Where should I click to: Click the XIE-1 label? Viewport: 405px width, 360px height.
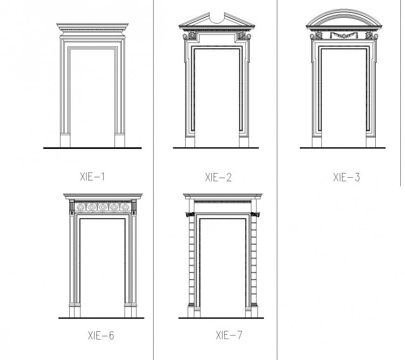click(93, 177)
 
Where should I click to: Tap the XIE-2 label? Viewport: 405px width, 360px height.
click(218, 177)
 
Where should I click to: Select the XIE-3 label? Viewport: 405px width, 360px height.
click(346, 177)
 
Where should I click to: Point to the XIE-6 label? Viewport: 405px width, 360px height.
click(101, 335)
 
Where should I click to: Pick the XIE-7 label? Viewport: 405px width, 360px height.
click(229, 335)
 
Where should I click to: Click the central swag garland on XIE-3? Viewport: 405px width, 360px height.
click(342, 35)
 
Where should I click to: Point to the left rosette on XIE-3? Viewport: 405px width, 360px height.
click(319, 35)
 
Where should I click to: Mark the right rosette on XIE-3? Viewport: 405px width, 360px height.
click(369, 35)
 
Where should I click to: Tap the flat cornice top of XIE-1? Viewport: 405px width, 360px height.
click(92, 25)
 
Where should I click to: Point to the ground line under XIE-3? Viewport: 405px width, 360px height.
click(342, 148)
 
